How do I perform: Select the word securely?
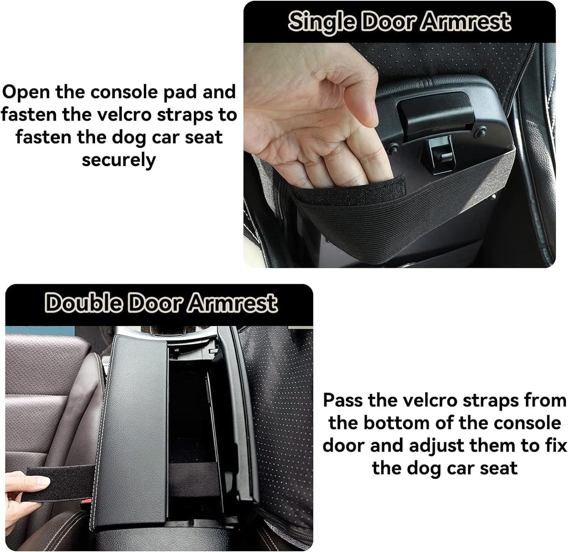119,161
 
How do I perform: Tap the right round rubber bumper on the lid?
480,133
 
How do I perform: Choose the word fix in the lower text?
556,446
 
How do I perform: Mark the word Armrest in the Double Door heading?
232,303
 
